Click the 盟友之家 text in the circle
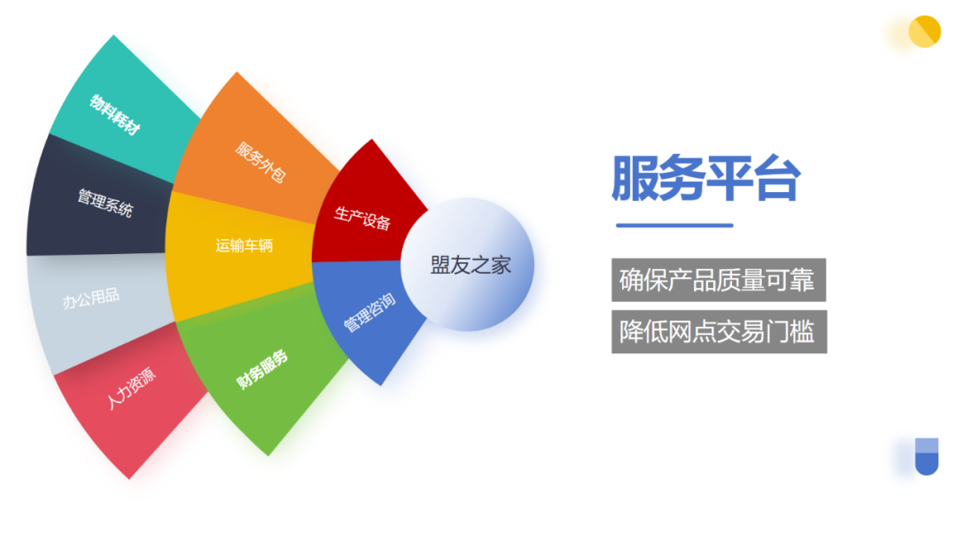point(471,266)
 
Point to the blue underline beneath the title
point(674,225)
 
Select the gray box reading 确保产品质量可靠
point(719,280)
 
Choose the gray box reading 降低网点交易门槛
point(719,331)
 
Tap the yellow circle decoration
point(924,32)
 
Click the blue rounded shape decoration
point(927,456)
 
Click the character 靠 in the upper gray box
point(802,280)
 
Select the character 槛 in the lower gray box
point(802,331)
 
